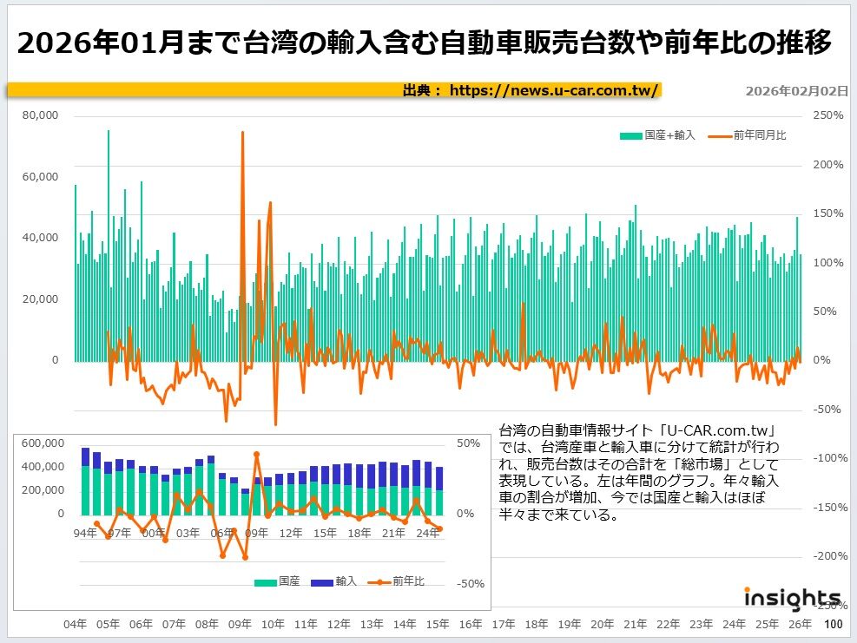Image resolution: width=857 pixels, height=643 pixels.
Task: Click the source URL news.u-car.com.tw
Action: [x=555, y=90]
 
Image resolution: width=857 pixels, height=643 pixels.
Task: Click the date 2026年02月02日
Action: [x=796, y=90]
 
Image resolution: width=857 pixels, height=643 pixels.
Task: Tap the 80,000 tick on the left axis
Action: [x=41, y=115]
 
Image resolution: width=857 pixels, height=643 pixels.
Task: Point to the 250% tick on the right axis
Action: [x=827, y=115]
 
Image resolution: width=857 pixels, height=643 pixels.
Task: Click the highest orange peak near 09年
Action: [x=242, y=133]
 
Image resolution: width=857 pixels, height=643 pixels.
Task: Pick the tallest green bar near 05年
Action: [x=109, y=132]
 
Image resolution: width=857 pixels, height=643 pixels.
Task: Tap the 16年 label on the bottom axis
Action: [x=470, y=624]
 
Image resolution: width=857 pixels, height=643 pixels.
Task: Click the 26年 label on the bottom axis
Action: [x=800, y=624]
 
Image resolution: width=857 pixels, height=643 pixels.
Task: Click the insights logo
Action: [x=791, y=598]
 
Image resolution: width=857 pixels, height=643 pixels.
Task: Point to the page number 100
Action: [x=833, y=624]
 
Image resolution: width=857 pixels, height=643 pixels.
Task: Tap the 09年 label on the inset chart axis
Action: [x=256, y=532]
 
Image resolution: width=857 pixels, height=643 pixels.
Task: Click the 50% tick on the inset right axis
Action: [x=468, y=443]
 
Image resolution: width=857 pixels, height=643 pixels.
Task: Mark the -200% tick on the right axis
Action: [x=827, y=556]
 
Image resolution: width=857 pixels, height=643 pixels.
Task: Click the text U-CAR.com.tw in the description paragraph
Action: [x=716, y=430]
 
